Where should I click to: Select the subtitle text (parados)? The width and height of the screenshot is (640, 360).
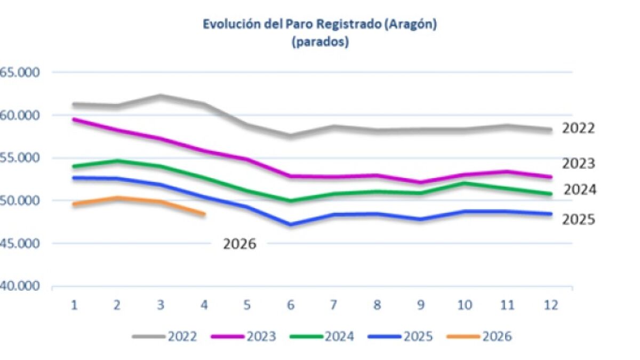[x=321, y=42]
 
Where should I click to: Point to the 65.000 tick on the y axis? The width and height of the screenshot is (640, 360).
[x=19, y=73]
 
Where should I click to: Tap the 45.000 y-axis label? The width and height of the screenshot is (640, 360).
[x=19, y=244]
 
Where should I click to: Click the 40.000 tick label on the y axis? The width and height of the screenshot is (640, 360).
[x=19, y=286]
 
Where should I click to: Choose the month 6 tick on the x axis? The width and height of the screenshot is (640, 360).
[x=291, y=305]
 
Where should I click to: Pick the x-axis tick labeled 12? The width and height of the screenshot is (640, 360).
[x=551, y=305]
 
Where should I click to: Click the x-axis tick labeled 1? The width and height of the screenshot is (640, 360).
[x=74, y=305]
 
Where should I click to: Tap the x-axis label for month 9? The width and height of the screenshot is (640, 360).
[x=421, y=305]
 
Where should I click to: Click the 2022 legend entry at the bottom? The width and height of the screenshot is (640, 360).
[x=165, y=337]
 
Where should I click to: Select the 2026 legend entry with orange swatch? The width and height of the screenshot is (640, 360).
[x=479, y=337]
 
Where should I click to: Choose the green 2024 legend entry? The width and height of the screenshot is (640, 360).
[x=322, y=337]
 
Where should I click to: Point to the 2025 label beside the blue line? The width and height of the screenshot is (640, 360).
[x=579, y=220]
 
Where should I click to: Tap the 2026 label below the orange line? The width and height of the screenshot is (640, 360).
[x=239, y=244]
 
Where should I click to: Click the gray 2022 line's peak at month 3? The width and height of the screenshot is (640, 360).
[x=161, y=96]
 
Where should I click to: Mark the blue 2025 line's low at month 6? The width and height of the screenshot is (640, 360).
[x=291, y=225]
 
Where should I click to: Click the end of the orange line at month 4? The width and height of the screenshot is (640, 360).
[x=205, y=214]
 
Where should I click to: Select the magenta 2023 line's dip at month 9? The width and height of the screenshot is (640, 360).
[x=421, y=182]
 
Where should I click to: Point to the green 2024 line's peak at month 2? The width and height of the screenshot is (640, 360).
[x=117, y=161]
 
